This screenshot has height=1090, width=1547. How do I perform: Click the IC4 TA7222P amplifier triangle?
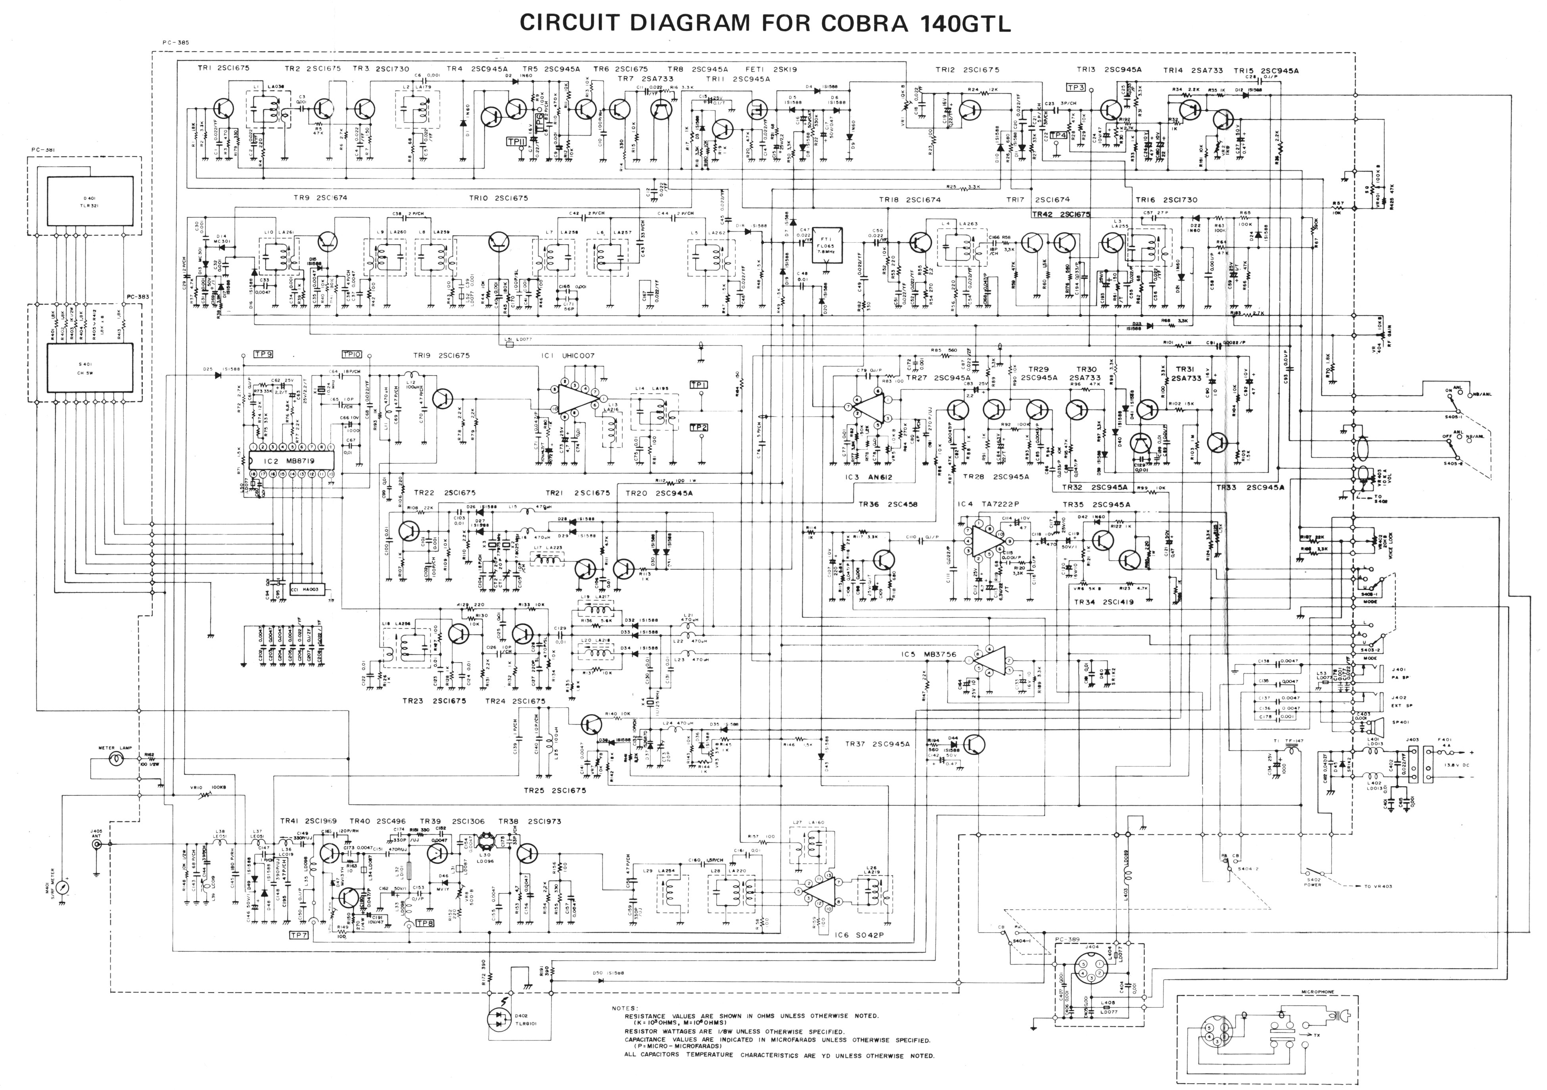[x=984, y=539]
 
